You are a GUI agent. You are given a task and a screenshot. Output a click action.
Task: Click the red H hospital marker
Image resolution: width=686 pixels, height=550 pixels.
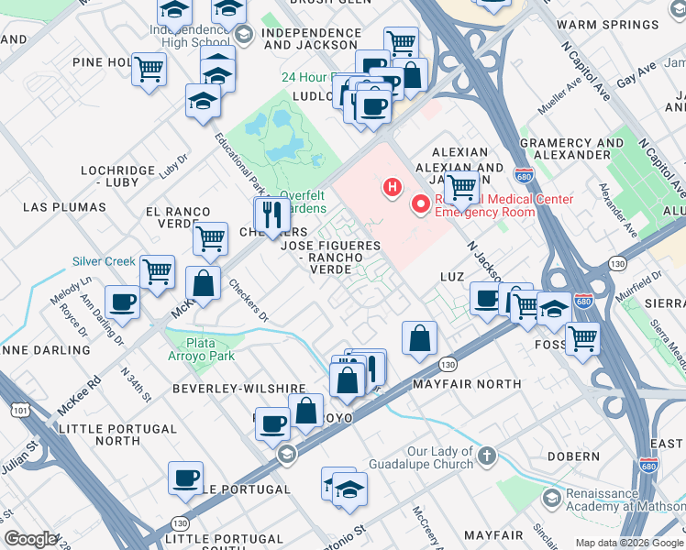[393, 188]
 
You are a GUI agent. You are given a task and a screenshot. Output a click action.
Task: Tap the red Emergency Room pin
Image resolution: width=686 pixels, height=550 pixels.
[422, 203]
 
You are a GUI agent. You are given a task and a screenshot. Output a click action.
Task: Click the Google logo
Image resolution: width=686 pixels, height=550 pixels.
[30, 539]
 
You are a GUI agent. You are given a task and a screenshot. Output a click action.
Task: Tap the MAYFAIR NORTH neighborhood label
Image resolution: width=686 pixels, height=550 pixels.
[467, 384]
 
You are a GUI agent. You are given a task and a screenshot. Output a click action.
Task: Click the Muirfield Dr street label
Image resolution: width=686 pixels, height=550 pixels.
[646, 285]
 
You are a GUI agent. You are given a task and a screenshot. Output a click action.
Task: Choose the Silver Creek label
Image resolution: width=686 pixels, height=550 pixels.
[105, 261]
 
